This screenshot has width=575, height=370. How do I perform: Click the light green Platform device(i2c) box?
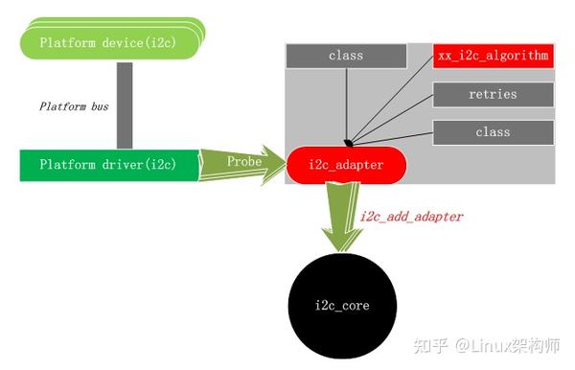110,43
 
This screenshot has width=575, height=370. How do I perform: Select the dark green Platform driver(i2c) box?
107,165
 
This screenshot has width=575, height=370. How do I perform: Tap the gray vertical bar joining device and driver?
124,105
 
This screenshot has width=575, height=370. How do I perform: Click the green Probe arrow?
245,163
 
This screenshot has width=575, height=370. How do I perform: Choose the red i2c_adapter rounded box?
347,165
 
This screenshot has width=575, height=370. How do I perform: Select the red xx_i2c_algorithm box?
493,56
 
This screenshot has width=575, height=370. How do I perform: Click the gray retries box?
493,94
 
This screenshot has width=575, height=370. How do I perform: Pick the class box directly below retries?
493,131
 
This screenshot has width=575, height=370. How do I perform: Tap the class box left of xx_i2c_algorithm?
345,56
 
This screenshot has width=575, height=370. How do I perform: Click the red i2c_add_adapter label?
411,218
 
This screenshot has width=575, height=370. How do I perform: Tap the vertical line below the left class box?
345,101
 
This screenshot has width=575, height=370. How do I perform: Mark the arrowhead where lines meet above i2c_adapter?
348,141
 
